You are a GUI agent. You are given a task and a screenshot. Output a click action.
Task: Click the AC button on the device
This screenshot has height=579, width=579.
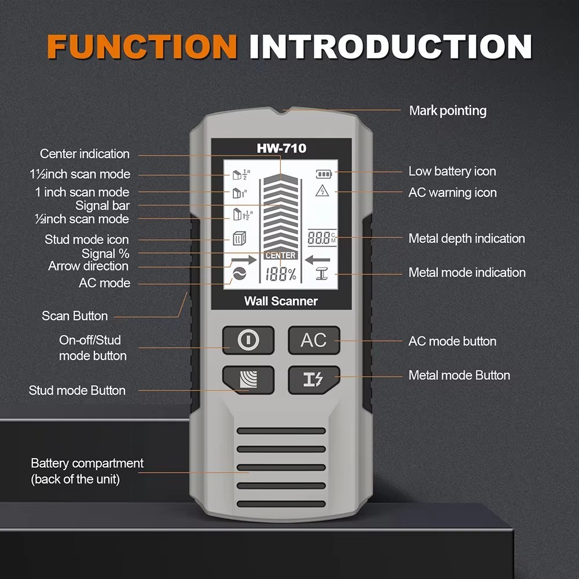pos(314,340)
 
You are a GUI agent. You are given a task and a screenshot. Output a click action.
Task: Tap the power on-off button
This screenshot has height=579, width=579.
pos(248,340)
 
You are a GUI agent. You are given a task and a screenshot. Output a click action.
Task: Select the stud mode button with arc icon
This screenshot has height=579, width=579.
pos(248,379)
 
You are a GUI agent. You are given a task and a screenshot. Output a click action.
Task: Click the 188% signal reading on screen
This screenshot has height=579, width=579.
pos(281,276)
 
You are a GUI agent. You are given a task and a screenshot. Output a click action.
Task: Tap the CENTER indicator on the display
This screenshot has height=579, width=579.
pos(281,255)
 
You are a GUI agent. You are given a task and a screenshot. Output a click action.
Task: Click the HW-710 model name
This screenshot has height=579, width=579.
pos(281,149)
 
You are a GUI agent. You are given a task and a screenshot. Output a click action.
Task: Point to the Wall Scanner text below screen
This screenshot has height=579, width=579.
pos(281,301)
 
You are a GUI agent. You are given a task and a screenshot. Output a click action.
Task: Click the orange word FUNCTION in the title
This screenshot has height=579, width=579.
pos(142,46)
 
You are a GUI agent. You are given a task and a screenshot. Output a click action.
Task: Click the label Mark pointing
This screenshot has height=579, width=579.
pos(448,111)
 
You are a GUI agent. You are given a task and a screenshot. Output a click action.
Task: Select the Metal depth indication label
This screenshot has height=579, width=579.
pos(467,239)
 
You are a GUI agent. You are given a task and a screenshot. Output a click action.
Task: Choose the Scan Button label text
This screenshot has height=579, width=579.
pos(75,316)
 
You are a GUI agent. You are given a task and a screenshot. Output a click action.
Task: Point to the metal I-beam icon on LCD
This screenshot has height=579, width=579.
pos(323,274)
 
